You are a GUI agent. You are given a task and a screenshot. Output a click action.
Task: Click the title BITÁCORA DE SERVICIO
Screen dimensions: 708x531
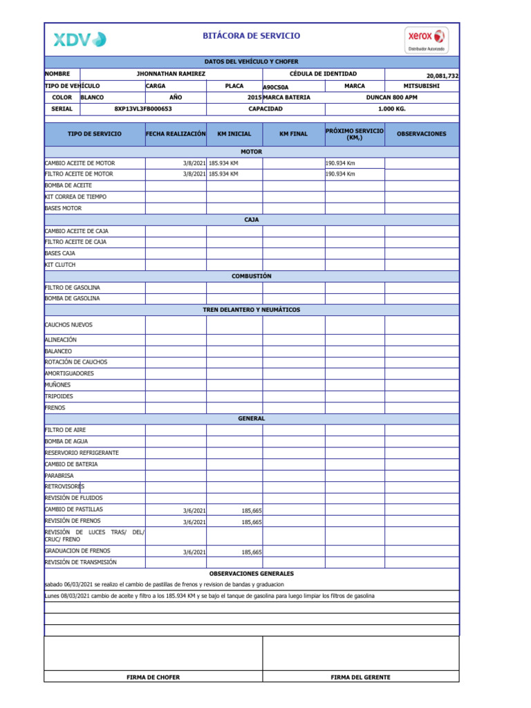point(251,36)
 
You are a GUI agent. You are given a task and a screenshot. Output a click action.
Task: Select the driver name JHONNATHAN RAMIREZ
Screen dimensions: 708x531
point(171,73)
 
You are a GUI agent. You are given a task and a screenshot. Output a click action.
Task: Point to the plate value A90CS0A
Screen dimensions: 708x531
point(276,87)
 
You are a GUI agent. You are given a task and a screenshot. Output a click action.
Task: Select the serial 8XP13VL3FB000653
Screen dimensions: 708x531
point(143,109)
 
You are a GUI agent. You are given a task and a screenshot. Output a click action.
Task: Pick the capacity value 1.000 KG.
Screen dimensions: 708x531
point(391,109)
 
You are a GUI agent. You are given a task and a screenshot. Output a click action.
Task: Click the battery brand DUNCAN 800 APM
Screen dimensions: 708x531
point(391,97)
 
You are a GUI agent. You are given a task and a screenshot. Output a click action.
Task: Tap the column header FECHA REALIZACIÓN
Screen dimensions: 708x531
point(176,133)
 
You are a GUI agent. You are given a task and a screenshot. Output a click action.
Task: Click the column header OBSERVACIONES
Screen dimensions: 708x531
point(421,134)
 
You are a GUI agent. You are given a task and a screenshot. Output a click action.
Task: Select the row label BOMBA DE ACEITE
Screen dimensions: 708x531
point(68,185)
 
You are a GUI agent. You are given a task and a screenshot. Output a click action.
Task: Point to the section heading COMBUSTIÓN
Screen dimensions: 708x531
point(251,276)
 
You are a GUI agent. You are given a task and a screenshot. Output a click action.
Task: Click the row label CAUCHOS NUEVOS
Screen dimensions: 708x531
point(68,324)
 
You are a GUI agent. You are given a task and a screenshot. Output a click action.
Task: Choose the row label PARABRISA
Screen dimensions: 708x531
point(59,476)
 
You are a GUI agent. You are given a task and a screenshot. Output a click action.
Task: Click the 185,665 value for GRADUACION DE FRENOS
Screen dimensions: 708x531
point(250,552)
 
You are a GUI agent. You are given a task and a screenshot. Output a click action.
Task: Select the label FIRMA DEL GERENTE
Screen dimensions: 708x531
point(360,677)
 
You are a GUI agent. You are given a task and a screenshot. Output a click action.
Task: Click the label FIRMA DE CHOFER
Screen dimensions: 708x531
point(153,677)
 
